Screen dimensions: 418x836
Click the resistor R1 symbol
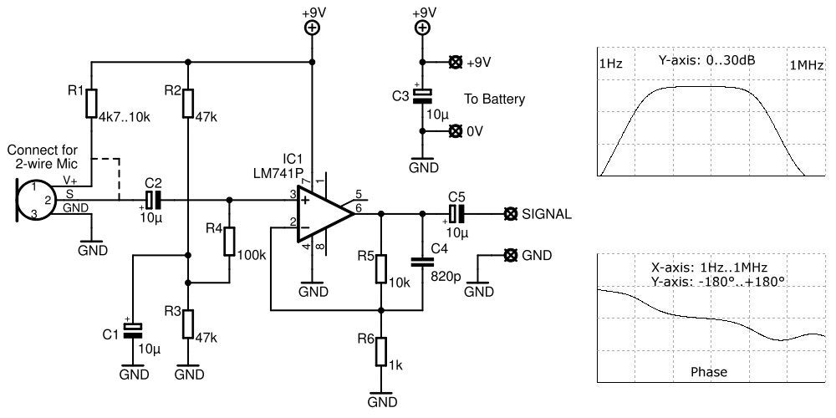[x=91, y=103]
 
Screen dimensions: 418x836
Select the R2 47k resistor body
[x=189, y=103]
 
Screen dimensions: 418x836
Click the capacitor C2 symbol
[x=152, y=200]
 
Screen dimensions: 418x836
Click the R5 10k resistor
[x=381, y=268]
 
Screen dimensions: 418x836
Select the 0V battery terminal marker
[x=456, y=130]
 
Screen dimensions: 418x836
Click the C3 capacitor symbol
[x=424, y=96]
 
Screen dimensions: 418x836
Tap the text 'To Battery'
[x=495, y=99]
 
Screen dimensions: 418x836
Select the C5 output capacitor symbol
[x=456, y=213]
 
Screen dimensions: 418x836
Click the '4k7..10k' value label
[x=124, y=116]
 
